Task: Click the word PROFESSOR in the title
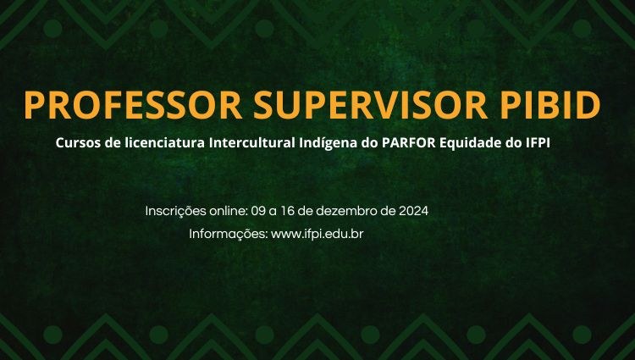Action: pyautogui.click(x=133, y=105)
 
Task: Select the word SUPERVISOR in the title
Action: pyautogui.click(x=371, y=105)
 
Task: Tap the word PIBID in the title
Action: pyautogui.click(x=550, y=105)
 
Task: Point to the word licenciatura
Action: pyautogui.click(x=164, y=143)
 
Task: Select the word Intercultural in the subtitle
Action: pyautogui.click(x=252, y=143)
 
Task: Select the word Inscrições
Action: pyautogui.click(x=176, y=212)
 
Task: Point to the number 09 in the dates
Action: pyautogui.click(x=258, y=211)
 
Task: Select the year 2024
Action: pyautogui.click(x=413, y=211)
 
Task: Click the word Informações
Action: pyautogui.click(x=229, y=234)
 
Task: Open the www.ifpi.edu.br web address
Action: pyautogui.click(x=317, y=234)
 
